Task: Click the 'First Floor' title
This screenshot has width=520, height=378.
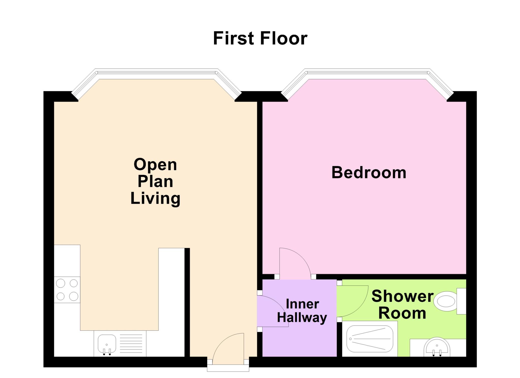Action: pyautogui.click(x=260, y=38)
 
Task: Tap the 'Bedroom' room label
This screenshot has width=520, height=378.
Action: pyautogui.click(x=369, y=173)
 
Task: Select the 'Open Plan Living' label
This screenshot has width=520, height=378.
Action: pyautogui.click(x=155, y=181)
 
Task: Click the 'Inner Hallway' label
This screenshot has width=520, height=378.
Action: pyautogui.click(x=302, y=311)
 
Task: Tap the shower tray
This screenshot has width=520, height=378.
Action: pyautogui.click(x=370, y=339)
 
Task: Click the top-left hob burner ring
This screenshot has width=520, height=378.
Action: pyautogui.click(x=60, y=283)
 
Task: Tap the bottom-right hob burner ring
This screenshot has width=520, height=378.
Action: pyautogui.click(x=74, y=296)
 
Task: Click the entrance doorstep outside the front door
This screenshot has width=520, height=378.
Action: pyautogui.click(x=228, y=368)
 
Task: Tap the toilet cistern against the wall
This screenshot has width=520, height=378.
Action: pyautogui.click(x=461, y=301)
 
